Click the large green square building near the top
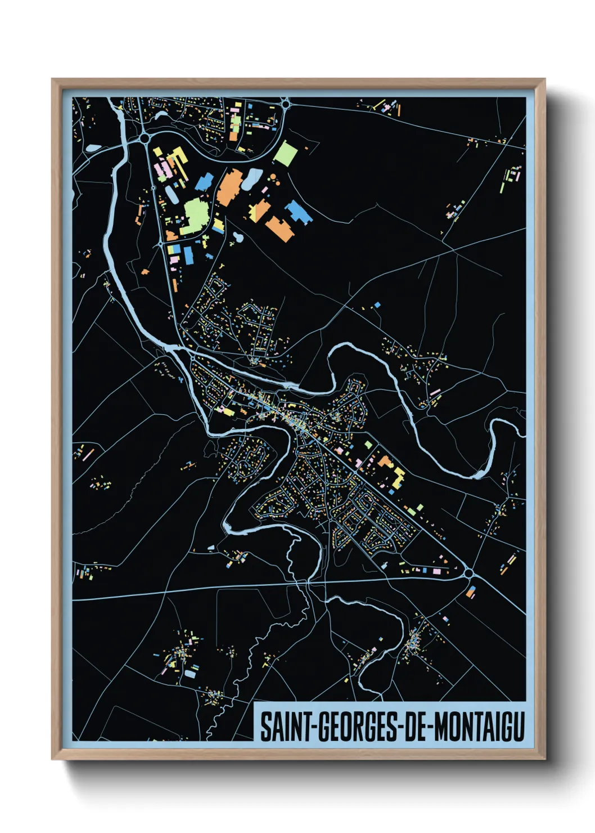(x=285, y=153)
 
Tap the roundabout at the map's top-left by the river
(x=145, y=137)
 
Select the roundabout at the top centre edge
(x=285, y=103)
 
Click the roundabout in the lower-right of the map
(x=468, y=573)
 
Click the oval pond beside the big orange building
(x=252, y=178)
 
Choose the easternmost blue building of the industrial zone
(x=297, y=212)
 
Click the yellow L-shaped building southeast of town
(x=398, y=477)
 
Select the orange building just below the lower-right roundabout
(x=471, y=592)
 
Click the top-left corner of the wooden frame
(x=52, y=79)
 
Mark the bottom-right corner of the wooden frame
(x=544, y=759)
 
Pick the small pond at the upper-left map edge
(x=93, y=148)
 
